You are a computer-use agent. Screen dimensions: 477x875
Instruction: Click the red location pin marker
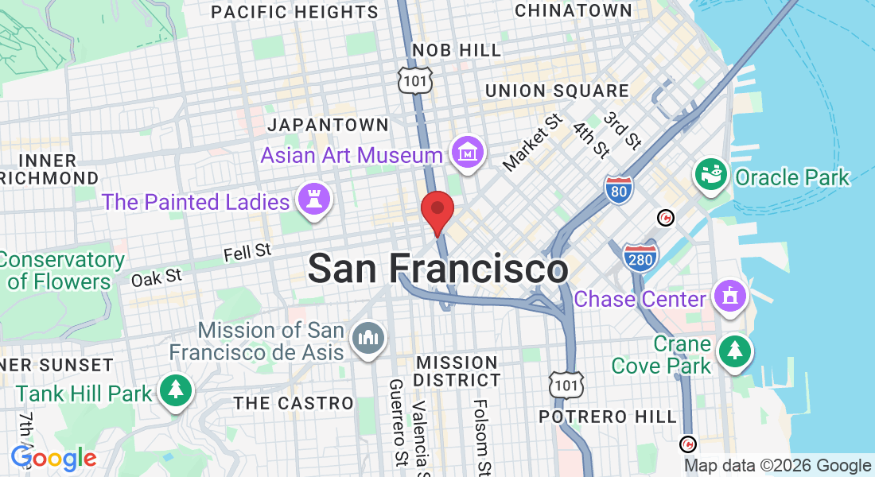coord(437,209)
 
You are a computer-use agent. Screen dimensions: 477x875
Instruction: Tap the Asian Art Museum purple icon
coord(468,153)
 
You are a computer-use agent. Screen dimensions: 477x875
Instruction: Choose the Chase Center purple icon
coord(729,297)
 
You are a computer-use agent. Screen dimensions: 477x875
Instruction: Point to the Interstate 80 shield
coord(618,190)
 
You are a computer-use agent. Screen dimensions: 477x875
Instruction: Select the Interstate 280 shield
coord(640,258)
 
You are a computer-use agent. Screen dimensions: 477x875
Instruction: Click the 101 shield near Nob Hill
coord(415,79)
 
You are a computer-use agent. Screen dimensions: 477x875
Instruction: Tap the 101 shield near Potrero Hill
coord(565,385)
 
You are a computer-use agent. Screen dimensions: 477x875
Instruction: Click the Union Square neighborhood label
coord(557,91)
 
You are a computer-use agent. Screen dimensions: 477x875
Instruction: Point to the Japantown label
coord(328,125)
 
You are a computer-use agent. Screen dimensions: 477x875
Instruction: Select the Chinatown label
coord(573,10)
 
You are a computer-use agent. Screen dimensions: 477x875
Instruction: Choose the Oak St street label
coord(157,278)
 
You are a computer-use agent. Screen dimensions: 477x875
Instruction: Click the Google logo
coord(54,458)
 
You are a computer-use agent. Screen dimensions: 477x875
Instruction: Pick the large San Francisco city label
coord(437,268)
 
